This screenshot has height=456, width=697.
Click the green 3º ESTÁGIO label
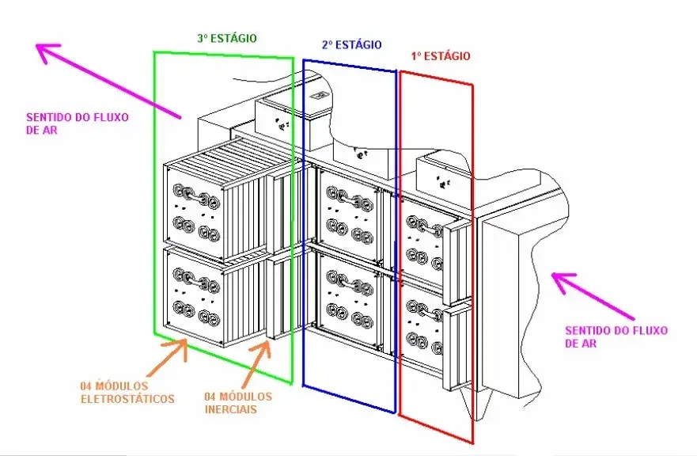click(227, 38)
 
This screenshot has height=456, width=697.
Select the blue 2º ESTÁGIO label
click(351, 44)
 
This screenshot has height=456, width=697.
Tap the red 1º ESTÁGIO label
click(440, 56)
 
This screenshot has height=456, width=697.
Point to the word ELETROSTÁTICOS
click(127, 399)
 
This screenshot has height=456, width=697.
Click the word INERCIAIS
click(231, 409)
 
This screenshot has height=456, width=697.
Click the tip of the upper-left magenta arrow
click(36, 44)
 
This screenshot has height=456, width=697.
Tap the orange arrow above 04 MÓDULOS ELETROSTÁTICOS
click(170, 357)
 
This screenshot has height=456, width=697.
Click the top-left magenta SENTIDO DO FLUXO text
click(78, 117)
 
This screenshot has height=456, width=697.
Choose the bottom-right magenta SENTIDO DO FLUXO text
click(616, 331)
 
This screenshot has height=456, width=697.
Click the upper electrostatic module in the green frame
click(194, 213)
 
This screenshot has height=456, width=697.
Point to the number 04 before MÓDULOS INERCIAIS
click(210, 397)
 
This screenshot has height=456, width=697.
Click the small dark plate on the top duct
click(319, 96)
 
